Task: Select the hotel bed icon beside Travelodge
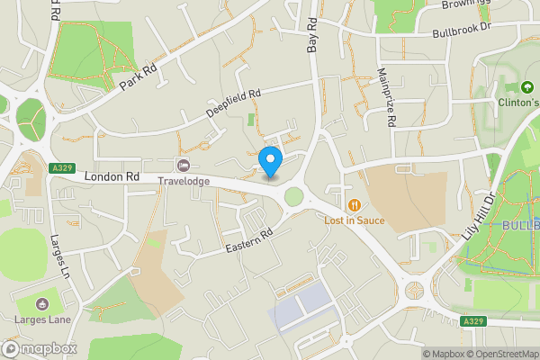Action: click(x=184, y=165)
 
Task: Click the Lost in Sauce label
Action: click(x=355, y=220)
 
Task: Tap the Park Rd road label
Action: click(x=138, y=77)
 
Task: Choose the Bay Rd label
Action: click(x=312, y=33)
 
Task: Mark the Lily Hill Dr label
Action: click(x=478, y=216)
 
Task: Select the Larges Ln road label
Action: click(x=61, y=256)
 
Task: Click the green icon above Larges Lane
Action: click(x=45, y=302)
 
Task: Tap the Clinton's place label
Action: click(x=519, y=102)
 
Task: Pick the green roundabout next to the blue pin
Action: click(x=293, y=196)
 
